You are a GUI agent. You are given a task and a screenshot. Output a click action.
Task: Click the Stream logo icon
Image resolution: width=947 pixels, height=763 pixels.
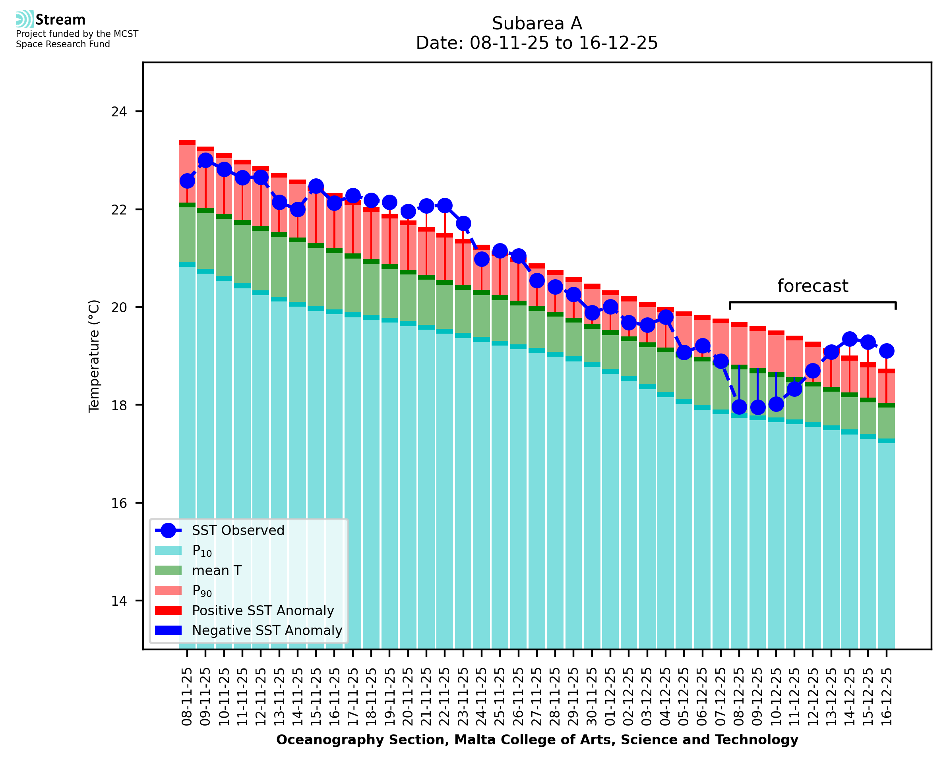[x=25, y=19]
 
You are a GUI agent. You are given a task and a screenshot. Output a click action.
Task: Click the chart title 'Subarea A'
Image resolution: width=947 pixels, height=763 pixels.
[x=537, y=23]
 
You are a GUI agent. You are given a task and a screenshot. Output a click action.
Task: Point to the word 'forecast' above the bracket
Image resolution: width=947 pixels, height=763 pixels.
[x=812, y=286]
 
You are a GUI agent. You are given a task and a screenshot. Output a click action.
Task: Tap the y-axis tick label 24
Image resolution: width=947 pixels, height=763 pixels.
[x=119, y=112]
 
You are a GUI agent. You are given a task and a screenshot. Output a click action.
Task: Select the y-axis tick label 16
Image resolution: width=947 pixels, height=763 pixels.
[x=119, y=503]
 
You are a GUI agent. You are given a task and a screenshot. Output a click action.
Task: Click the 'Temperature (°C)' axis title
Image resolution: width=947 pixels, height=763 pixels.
[x=94, y=356]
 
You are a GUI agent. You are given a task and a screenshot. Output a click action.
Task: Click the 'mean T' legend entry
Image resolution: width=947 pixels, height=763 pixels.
[x=217, y=570]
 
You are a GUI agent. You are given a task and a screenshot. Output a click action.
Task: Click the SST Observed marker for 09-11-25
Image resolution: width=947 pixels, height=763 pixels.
[x=205, y=160]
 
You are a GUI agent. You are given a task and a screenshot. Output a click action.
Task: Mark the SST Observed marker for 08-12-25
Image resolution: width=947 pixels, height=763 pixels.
[x=739, y=407]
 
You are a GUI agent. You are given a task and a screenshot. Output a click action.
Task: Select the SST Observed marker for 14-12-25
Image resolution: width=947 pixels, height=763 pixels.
[x=849, y=339]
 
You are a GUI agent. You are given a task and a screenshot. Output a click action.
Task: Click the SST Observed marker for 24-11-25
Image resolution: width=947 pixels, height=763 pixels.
[x=481, y=259]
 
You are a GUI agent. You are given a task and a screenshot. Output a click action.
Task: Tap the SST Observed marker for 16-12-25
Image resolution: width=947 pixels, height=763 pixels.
[x=886, y=351]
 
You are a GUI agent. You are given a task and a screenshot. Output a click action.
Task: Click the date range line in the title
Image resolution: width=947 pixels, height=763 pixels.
[x=537, y=43]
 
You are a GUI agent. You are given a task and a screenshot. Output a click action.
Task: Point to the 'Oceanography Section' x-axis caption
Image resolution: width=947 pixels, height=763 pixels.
[x=537, y=740]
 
